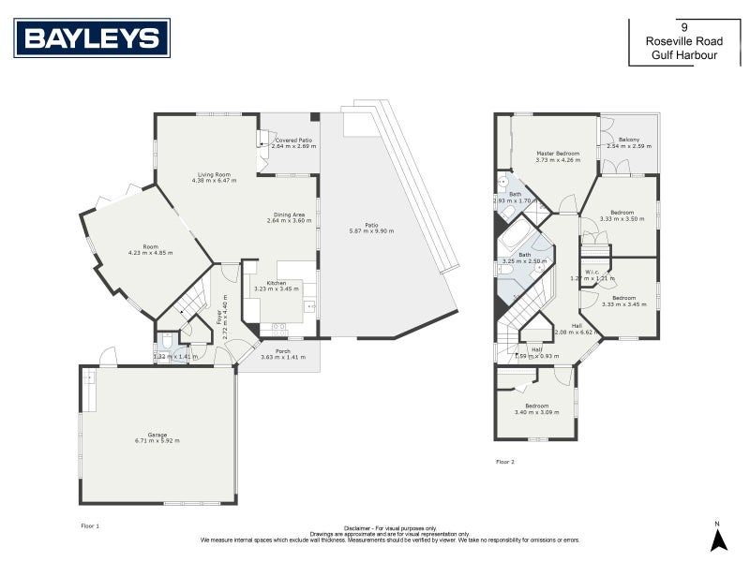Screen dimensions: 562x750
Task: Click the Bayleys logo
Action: click(x=91, y=37)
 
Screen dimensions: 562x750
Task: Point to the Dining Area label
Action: click(x=288, y=214)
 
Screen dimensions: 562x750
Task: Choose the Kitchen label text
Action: click(x=276, y=282)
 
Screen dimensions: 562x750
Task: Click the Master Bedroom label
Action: click(x=557, y=153)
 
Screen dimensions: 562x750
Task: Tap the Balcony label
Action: click(x=629, y=140)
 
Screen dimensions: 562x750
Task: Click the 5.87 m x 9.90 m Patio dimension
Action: click(x=371, y=230)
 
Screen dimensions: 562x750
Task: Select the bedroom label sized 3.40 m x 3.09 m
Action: click(x=536, y=406)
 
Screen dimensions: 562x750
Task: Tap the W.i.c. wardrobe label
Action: click(x=592, y=273)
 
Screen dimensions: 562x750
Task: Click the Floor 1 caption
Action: click(x=90, y=526)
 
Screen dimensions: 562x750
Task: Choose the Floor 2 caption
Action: click(x=504, y=461)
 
